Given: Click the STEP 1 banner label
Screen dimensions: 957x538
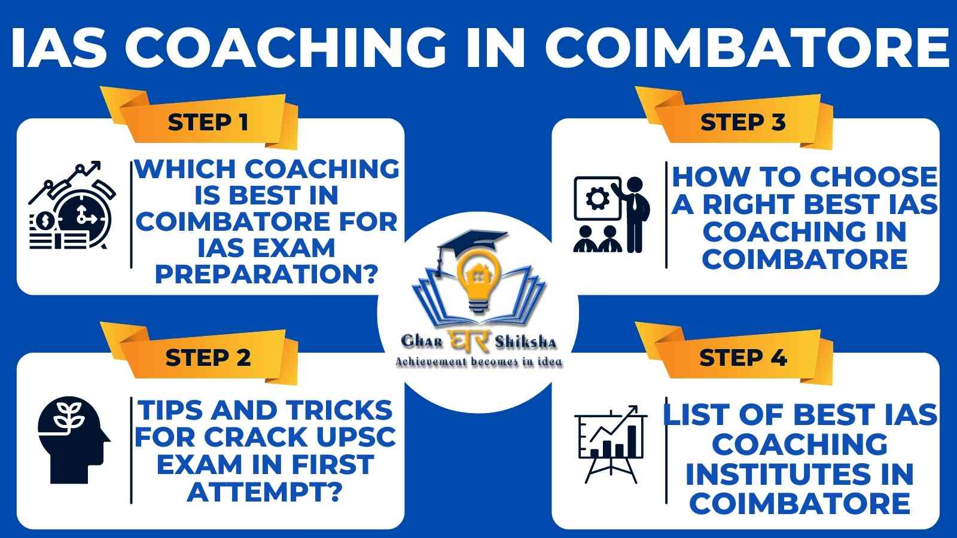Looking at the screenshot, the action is pyautogui.click(x=208, y=123).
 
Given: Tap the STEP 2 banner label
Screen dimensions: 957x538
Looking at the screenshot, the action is pyautogui.click(x=208, y=357).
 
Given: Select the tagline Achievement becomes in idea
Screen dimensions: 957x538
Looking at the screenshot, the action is pyautogui.click(x=479, y=362).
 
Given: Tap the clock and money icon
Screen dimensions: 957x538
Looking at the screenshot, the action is pyautogui.click(x=71, y=206).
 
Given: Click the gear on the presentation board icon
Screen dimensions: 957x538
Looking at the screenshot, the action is pyautogui.click(x=598, y=198).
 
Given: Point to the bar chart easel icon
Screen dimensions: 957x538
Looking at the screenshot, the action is pyautogui.click(x=611, y=444).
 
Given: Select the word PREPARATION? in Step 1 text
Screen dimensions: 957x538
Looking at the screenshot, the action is pyautogui.click(x=266, y=274).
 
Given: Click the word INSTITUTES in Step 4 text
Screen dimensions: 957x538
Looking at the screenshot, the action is pyautogui.click(x=799, y=475).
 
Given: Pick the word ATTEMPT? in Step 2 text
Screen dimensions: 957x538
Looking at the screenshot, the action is pyautogui.click(x=265, y=492).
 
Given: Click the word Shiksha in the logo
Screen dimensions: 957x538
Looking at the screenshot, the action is pyautogui.click(x=526, y=342).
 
